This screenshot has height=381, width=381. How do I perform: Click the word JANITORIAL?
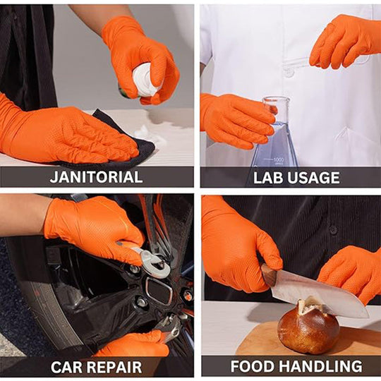coord(96,177)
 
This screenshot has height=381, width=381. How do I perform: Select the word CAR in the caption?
coord(69,367)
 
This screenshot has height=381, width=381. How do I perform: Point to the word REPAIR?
coord(116,367)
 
